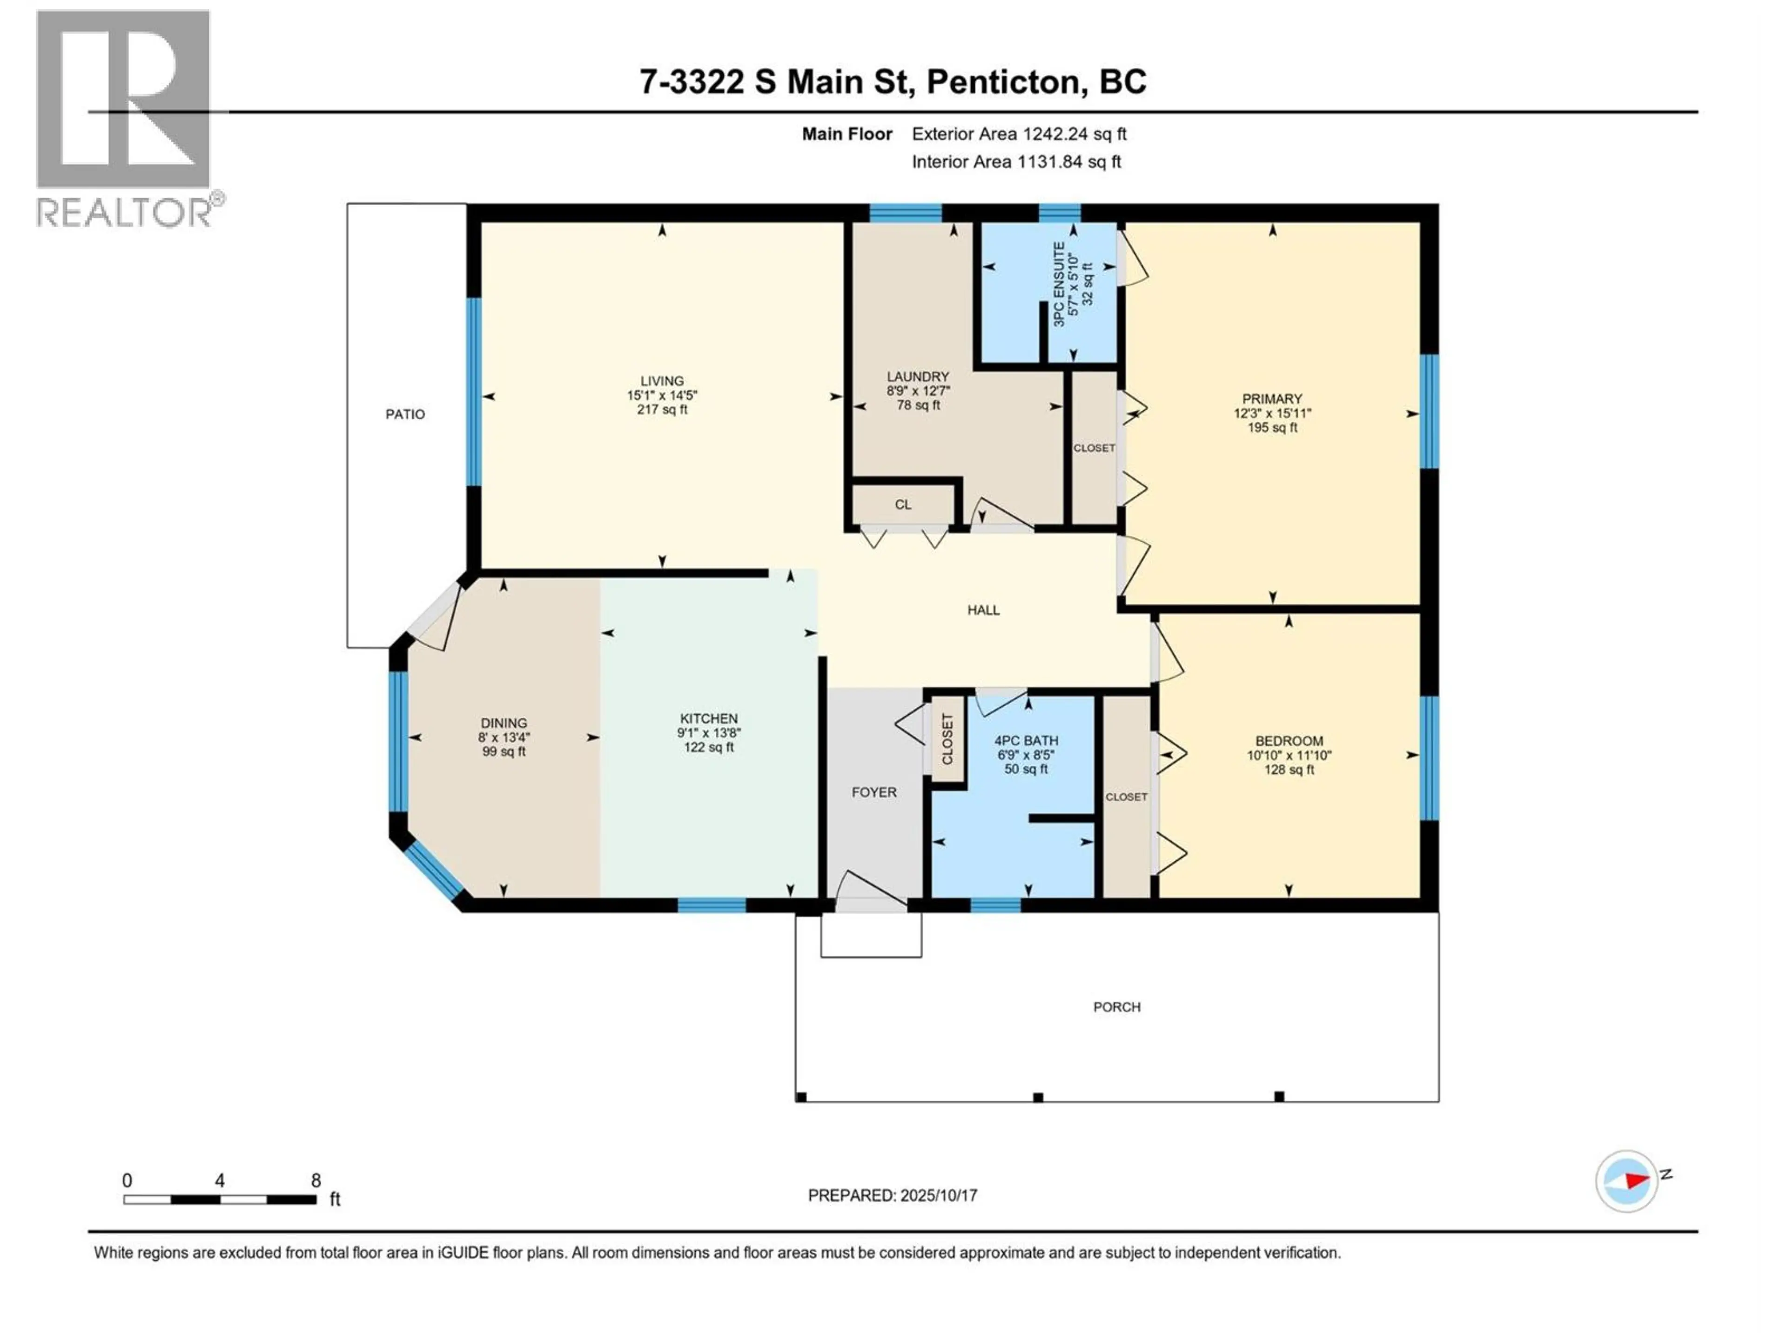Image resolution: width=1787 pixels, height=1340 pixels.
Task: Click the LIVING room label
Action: coord(662,381)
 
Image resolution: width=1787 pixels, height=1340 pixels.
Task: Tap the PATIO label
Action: coord(405,415)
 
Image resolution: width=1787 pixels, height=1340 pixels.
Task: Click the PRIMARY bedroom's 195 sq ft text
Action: coord(1272,427)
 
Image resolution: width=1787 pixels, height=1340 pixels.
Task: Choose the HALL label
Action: coord(983,610)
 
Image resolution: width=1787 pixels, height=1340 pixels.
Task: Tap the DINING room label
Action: coord(504,723)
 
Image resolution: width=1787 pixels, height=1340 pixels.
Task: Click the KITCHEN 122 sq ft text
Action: coord(708,747)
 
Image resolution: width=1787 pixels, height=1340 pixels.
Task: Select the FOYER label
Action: coord(873,792)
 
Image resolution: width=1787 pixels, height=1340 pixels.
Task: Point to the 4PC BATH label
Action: coord(1026,741)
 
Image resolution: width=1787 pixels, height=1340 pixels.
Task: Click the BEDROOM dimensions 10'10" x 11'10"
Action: coord(1289,755)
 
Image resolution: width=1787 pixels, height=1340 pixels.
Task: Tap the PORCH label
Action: coord(1116,1007)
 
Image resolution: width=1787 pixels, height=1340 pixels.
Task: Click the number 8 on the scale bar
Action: coord(316,1180)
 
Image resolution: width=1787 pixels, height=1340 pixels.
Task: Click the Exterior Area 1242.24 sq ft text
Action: coord(1019,134)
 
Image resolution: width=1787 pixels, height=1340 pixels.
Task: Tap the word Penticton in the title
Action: coord(1002,81)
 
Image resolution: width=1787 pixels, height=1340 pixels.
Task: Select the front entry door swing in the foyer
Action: coord(868,889)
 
